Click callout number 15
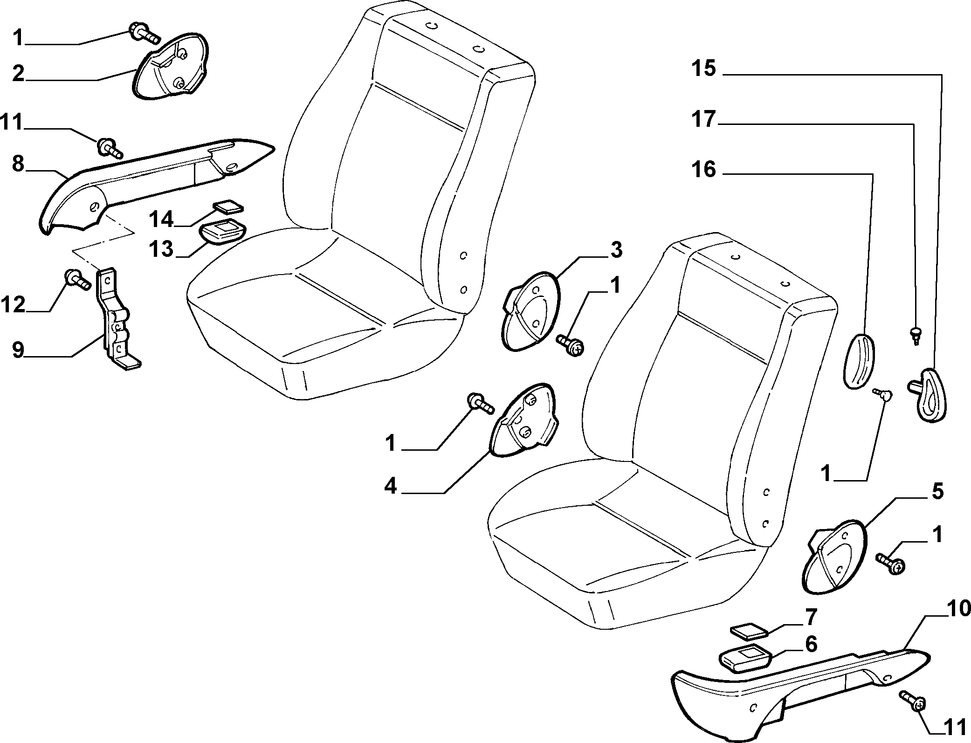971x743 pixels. pos(703,69)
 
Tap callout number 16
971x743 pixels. pos(703,170)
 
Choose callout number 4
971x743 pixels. pos(391,486)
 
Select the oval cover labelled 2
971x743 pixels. pos(170,66)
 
